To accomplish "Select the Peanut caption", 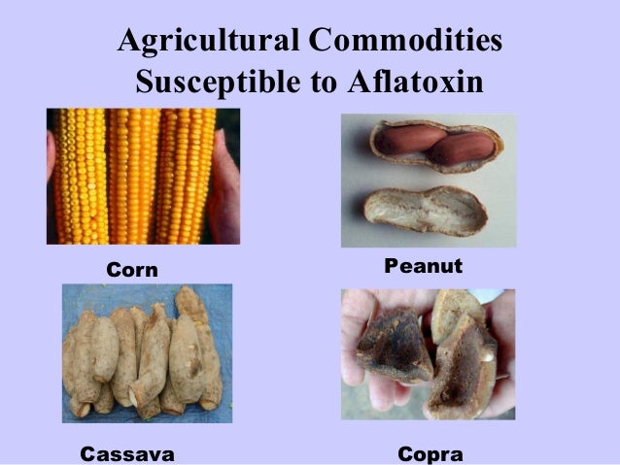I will [x=424, y=265].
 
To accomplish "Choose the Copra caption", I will [x=431, y=453].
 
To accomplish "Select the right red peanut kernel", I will [x=464, y=148].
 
